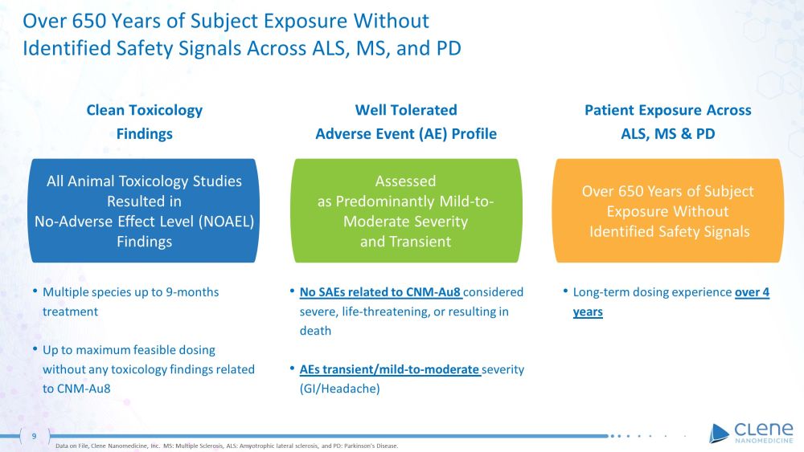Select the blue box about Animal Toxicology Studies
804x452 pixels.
click(x=145, y=211)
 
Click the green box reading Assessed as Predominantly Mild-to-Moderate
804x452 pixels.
click(x=406, y=211)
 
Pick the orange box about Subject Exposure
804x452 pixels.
click(x=668, y=211)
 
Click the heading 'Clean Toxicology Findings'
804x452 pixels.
click(x=145, y=122)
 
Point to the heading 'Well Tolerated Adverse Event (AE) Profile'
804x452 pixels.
click(x=406, y=122)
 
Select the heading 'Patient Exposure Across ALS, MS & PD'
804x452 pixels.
click(x=668, y=122)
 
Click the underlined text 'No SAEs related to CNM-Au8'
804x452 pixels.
click(x=381, y=292)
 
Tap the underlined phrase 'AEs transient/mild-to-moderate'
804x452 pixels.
click(x=390, y=369)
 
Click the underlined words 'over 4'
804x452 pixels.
click(x=752, y=292)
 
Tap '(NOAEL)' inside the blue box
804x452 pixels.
click(x=224, y=222)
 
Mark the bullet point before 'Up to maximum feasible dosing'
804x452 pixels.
click(x=34, y=349)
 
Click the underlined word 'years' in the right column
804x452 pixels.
click(x=588, y=312)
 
